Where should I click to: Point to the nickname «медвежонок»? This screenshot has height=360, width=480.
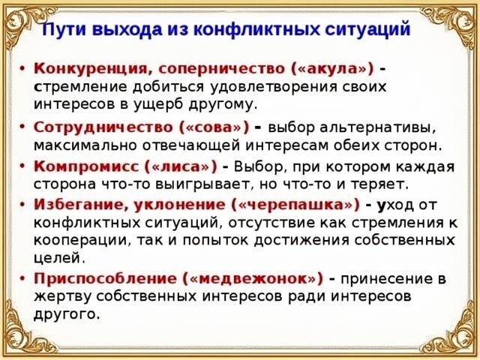pos(254,277)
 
